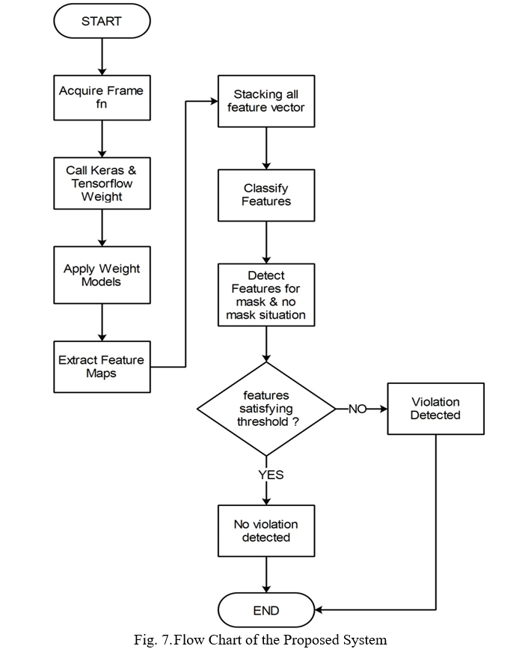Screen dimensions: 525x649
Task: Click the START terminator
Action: [102, 21]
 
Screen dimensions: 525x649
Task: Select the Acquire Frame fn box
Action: [102, 97]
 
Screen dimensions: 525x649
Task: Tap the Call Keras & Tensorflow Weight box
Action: [102, 183]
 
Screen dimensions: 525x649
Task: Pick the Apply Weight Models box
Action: [102, 275]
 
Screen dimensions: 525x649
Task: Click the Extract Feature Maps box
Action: [102, 367]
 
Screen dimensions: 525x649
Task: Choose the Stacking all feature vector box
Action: [266, 101]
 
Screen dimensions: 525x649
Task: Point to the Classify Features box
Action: [266, 195]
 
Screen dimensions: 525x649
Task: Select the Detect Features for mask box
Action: [266, 295]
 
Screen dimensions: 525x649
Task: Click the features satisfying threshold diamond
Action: [266, 409]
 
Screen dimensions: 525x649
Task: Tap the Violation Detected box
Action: [436, 409]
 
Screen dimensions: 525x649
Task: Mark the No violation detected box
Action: [266, 531]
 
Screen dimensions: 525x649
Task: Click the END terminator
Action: [266, 610]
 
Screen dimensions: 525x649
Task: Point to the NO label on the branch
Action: [357, 409]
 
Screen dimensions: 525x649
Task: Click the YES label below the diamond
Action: [271, 475]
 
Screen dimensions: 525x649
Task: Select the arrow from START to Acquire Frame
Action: [102, 57]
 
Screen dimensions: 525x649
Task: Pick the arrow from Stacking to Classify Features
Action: [266, 148]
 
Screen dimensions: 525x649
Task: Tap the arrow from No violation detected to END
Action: [266, 574]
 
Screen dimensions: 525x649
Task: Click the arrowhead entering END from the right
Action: [319, 609]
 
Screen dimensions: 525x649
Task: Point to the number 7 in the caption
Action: [165, 640]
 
